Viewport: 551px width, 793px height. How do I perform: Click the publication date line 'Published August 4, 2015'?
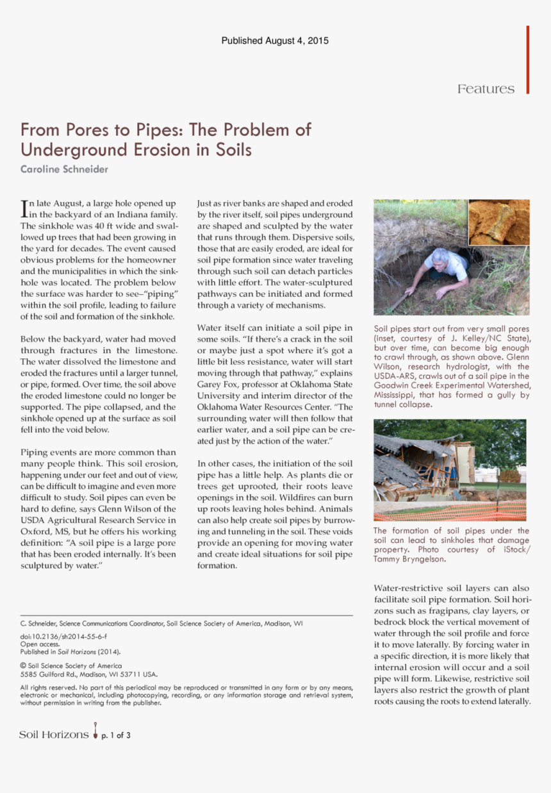coord(275,41)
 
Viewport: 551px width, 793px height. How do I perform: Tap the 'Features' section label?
coord(486,89)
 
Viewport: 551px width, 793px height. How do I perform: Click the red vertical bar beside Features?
coord(528,60)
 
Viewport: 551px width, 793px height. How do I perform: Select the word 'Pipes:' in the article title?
coord(160,129)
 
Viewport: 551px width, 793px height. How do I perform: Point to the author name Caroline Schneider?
coord(64,169)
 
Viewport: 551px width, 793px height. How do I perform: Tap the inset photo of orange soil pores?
coord(499,222)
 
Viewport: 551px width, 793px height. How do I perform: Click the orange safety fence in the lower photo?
coord(448,511)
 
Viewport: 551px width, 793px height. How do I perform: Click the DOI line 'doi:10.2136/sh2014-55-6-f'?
coord(63,636)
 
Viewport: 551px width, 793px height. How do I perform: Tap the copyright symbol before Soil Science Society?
coord(23,666)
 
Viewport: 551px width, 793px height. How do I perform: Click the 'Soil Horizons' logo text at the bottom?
coord(54,735)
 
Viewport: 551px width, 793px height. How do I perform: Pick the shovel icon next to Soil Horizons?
coord(95,731)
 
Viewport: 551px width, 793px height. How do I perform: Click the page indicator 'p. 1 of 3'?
coord(116,735)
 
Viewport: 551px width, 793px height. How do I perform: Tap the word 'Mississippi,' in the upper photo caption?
coord(395,395)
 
